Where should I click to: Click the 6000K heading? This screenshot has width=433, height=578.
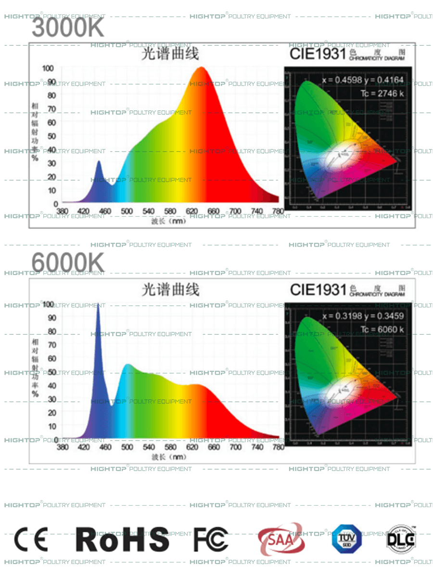[68, 263]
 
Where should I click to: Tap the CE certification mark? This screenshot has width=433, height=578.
[31, 539]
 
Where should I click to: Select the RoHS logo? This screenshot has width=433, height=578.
[123, 539]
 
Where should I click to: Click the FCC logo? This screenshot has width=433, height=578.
[211, 539]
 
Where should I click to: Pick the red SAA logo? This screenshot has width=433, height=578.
[281, 539]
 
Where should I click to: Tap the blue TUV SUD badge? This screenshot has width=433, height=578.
[346, 539]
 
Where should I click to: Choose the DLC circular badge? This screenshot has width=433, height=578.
[401, 539]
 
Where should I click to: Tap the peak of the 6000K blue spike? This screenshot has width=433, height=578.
[98, 304]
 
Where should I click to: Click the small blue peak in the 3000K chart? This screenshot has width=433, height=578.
[99, 162]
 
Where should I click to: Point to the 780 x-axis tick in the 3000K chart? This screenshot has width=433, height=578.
[278, 211]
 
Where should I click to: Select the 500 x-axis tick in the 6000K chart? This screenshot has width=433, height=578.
[127, 447]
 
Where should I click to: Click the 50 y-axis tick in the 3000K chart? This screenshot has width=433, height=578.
[51, 136]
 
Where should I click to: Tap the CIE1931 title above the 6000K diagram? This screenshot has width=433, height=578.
[318, 290]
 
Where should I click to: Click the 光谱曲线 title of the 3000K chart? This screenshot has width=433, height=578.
[170, 54]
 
